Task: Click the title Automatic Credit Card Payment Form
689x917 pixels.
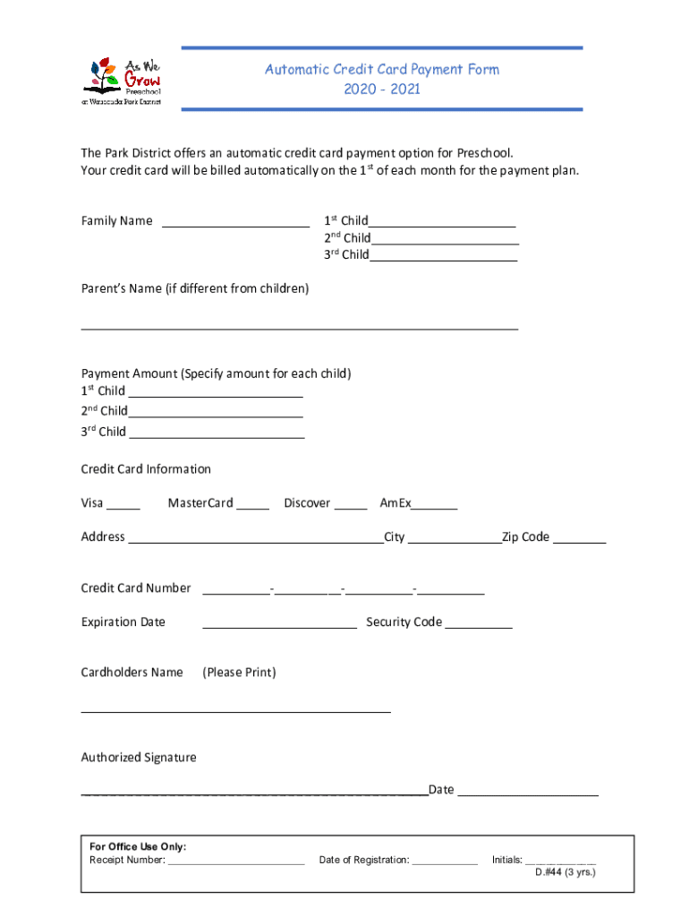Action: (381, 69)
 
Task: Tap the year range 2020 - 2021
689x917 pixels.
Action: (381, 90)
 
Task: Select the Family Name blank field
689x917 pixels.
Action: (235, 222)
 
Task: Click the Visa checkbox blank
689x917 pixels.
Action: (123, 504)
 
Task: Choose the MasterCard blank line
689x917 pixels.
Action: (252, 504)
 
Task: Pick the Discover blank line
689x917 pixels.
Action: (350, 504)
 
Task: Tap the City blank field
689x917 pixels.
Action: (455, 538)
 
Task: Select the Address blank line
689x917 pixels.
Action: (255, 538)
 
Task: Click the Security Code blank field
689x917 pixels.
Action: (479, 623)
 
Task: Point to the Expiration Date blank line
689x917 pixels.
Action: (279, 623)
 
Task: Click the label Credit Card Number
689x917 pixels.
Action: (136, 588)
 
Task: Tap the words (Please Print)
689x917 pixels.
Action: (239, 673)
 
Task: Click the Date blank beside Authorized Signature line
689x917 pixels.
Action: (528, 791)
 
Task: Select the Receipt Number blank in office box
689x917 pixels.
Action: (235, 861)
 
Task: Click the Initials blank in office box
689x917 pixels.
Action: (560, 861)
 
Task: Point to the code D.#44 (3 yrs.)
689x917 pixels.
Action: (565, 872)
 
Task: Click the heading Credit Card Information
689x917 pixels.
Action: (146, 469)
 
